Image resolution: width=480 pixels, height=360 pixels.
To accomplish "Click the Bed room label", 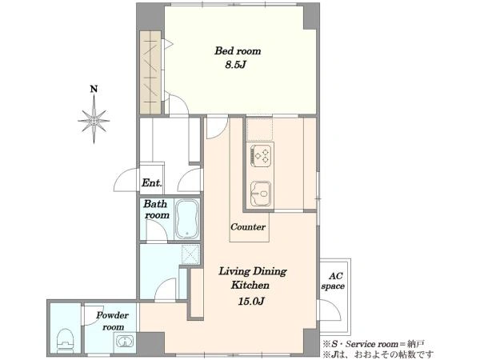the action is point(238,51).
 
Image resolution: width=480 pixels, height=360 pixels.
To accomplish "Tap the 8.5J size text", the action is point(236,65).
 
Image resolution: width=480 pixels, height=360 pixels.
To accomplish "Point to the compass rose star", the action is point(94,120).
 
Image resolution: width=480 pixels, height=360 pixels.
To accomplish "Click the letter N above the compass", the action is point(94,89).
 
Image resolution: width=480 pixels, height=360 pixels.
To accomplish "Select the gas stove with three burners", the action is point(261,156).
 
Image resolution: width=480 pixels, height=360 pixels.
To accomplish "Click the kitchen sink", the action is point(261,194).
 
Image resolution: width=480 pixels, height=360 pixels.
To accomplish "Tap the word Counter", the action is point(248,227).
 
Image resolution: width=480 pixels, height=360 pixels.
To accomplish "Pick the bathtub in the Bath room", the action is point(186,219).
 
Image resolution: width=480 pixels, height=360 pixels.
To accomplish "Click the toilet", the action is point(66,341).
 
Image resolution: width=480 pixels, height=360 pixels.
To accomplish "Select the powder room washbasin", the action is point(125,341).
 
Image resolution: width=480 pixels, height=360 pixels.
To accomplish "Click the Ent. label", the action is point(151,183).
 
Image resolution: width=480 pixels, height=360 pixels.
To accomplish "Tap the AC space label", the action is point(333,281).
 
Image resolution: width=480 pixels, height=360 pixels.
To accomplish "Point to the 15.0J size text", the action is point(250,302).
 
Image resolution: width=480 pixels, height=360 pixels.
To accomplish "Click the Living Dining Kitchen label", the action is point(252,278).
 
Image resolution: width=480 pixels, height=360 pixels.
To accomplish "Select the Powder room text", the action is point(113,321).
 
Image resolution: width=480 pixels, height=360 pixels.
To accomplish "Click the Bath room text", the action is point(157,210).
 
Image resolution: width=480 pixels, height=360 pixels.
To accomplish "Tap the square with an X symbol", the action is point(190,254).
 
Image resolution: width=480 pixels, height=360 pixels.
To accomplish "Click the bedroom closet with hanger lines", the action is point(150,72).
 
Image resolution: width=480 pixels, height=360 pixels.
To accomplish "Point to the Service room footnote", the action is point(373,344).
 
